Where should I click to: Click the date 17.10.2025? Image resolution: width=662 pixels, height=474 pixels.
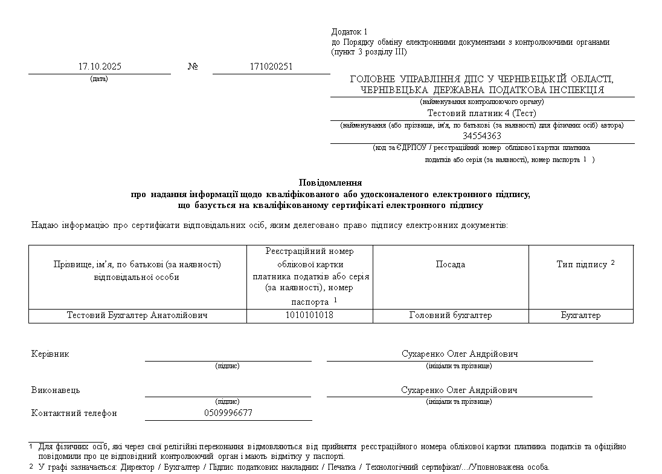[x=100, y=67]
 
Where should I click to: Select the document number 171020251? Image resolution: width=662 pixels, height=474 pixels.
[x=271, y=67]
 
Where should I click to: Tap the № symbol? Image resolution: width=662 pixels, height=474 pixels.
[x=193, y=67]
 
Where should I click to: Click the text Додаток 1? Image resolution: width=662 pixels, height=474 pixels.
[x=349, y=31]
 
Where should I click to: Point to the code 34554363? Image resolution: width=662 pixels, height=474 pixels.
[x=482, y=136]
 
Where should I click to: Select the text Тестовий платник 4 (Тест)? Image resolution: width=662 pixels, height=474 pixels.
[x=482, y=113]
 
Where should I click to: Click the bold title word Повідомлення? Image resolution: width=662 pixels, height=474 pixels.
[x=330, y=182]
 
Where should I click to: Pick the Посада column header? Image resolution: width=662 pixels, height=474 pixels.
[x=451, y=264]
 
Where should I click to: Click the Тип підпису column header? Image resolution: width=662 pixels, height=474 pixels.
[x=582, y=264]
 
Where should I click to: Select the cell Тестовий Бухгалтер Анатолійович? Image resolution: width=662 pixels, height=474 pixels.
[x=137, y=315]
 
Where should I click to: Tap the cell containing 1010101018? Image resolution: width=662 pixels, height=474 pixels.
[x=309, y=315]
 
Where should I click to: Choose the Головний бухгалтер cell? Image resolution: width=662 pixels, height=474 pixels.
[x=451, y=315]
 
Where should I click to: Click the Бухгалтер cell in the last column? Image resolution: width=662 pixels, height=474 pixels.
[x=580, y=315]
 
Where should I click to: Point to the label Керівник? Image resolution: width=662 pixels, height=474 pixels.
[x=50, y=354]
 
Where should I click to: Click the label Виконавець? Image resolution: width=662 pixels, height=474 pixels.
[x=56, y=390]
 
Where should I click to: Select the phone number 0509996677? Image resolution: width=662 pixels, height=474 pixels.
[x=228, y=413]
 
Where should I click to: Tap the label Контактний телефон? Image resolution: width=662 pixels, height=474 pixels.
[x=74, y=413]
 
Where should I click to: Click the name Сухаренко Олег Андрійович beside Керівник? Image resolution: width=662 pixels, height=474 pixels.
[x=460, y=354]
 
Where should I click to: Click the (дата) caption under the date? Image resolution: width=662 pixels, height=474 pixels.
[x=99, y=79]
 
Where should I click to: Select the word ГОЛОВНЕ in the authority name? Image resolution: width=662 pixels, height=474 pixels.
[x=372, y=79]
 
